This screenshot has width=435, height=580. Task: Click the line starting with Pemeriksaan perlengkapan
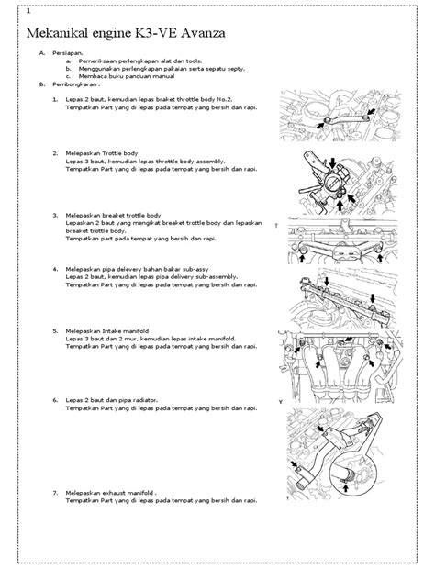click(128, 61)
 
